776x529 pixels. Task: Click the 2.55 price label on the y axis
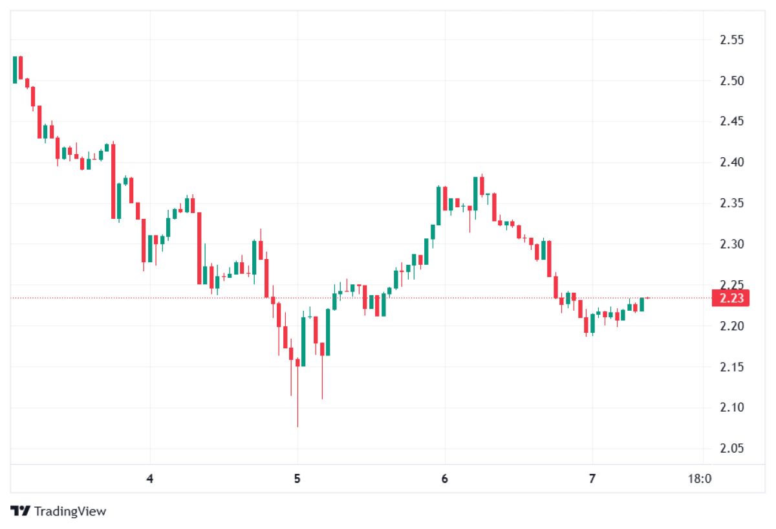[x=732, y=40]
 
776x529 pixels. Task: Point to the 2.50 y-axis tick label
[x=732, y=81]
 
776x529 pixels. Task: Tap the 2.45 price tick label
[x=732, y=122]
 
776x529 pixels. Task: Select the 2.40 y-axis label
[x=732, y=163]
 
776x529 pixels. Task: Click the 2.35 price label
[x=732, y=203]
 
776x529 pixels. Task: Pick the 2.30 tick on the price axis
[x=732, y=244]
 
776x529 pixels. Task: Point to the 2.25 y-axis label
[x=732, y=285]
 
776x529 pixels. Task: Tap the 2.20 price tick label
[x=732, y=326]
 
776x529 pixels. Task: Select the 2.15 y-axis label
[x=732, y=367]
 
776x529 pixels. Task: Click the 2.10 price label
[x=732, y=408]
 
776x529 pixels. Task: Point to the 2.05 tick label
[x=732, y=449]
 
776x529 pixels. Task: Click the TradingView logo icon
[x=21, y=511]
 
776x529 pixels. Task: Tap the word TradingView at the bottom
[x=70, y=512]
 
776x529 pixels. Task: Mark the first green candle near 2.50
[x=14, y=70]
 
